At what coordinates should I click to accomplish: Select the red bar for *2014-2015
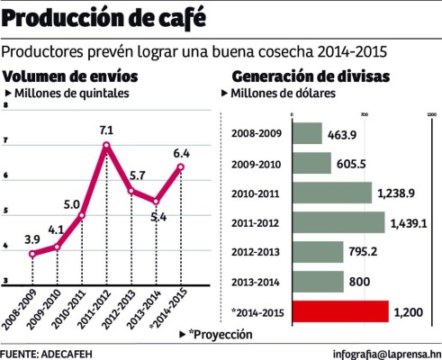(x=340, y=311)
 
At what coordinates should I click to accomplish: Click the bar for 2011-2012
(x=338, y=222)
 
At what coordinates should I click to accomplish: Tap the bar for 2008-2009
(x=307, y=133)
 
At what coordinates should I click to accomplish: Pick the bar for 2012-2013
(x=318, y=252)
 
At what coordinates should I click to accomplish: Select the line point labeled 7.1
(x=106, y=145)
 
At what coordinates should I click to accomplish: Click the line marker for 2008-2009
(x=33, y=254)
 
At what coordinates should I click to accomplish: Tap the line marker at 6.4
(x=181, y=166)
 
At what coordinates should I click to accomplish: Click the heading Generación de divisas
(x=311, y=76)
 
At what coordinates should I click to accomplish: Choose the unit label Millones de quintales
(x=73, y=93)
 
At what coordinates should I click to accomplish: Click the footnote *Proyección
(x=221, y=334)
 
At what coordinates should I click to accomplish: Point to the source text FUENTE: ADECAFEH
(x=46, y=352)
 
